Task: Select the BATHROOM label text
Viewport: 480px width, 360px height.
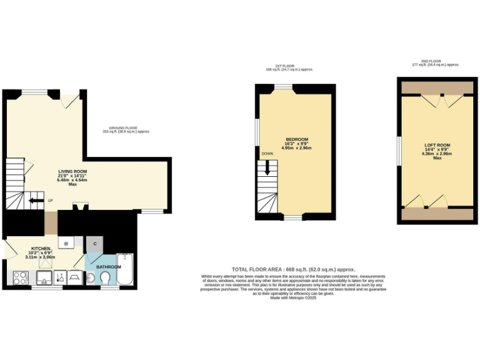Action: point(108,267)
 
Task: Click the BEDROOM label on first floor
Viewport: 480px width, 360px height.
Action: point(296,139)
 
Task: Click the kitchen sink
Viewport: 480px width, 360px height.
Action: point(45,276)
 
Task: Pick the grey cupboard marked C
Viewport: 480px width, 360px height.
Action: point(95,244)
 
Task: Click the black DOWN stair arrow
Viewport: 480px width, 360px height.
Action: point(267,166)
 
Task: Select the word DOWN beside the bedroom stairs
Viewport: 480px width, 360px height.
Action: point(267,153)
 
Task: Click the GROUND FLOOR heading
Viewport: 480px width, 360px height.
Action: point(126,129)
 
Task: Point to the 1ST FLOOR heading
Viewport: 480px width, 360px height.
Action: point(293,67)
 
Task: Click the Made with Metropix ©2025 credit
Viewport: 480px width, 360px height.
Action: point(293,298)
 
